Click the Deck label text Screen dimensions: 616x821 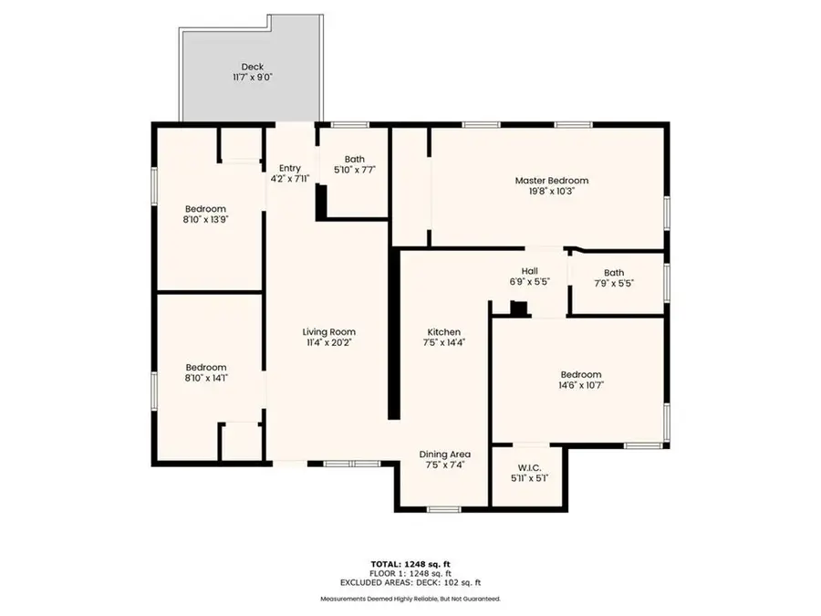click(253, 67)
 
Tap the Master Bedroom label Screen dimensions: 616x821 click(551, 181)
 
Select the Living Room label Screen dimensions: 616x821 click(328, 332)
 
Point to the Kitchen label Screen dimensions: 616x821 click(444, 332)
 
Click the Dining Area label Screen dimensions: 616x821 click(444, 454)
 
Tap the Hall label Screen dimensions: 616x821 click(530, 271)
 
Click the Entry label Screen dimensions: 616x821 click(289, 168)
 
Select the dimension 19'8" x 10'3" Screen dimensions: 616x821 click(551, 192)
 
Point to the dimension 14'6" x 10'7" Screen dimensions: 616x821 click(580, 386)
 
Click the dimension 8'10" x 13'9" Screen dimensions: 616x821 click(205, 219)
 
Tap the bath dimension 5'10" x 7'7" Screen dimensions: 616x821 click(354, 170)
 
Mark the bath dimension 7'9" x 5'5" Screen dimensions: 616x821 click(613, 284)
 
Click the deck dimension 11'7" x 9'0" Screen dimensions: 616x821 click(253, 78)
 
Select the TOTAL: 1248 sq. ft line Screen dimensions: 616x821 click(410, 563)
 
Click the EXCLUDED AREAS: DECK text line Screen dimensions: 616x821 click(410, 582)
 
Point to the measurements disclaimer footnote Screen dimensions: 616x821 click(410, 599)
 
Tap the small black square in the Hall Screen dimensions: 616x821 click(519, 309)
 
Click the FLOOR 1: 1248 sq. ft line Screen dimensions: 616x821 click(410, 573)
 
